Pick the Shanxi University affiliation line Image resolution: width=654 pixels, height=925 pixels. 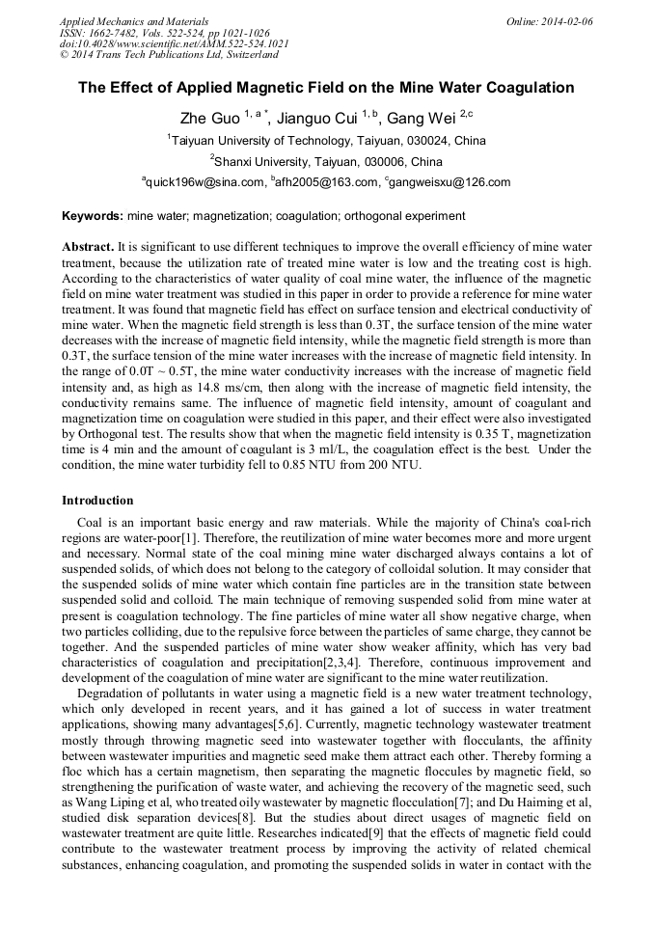coord(328,161)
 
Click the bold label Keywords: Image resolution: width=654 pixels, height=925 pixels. coord(93,216)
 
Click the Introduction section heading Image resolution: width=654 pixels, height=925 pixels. coord(97,501)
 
